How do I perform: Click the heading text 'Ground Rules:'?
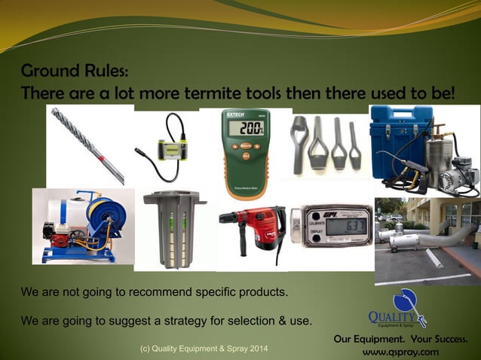(x=75, y=72)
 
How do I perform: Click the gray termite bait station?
(x=173, y=225)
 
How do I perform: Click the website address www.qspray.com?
(x=400, y=352)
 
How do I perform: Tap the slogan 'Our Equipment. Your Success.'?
(x=400, y=339)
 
